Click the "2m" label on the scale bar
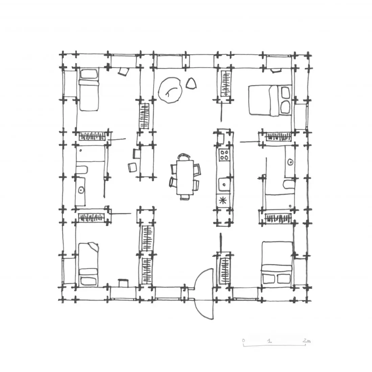click(306, 341)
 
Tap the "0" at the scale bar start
click(243, 341)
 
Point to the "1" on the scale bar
click(269, 341)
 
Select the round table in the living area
click(170, 90)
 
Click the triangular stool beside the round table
click(191, 83)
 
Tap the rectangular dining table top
click(185, 177)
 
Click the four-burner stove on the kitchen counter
click(224, 155)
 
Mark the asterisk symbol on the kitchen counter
click(223, 201)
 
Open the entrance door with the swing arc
click(204, 294)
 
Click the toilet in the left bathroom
click(82, 170)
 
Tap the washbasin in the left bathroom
click(81, 190)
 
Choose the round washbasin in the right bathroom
click(290, 162)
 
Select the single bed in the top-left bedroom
click(89, 90)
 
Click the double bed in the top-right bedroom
click(270, 100)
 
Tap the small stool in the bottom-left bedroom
click(123, 283)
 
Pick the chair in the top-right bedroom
click(275, 70)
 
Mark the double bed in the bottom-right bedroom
click(277, 263)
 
